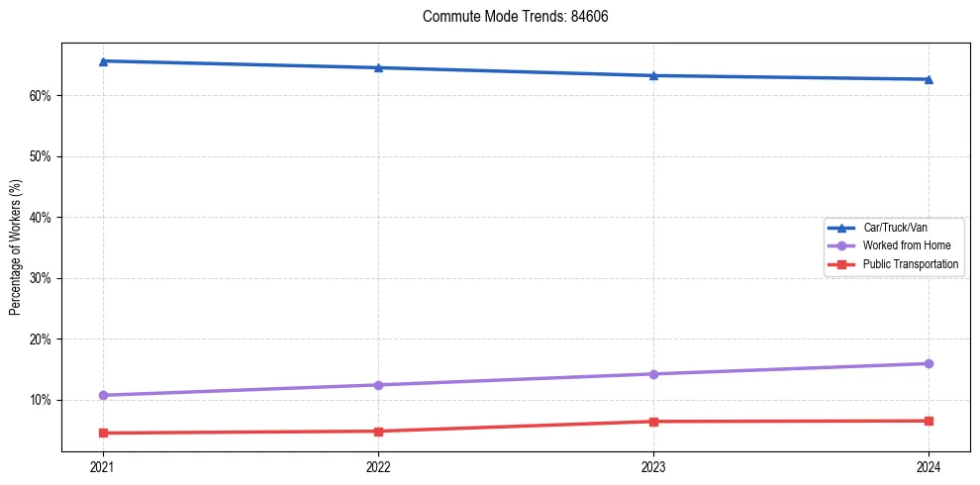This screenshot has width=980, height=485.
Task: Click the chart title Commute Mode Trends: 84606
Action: [508, 17]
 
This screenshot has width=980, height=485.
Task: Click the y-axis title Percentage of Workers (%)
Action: [16, 247]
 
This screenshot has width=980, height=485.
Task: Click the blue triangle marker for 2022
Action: [378, 67]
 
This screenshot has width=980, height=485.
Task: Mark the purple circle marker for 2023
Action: [653, 374]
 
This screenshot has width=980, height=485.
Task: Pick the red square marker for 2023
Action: [653, 422]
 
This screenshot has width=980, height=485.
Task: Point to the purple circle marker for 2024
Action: [929, 363]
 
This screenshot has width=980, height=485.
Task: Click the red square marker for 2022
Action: [378, 432]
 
